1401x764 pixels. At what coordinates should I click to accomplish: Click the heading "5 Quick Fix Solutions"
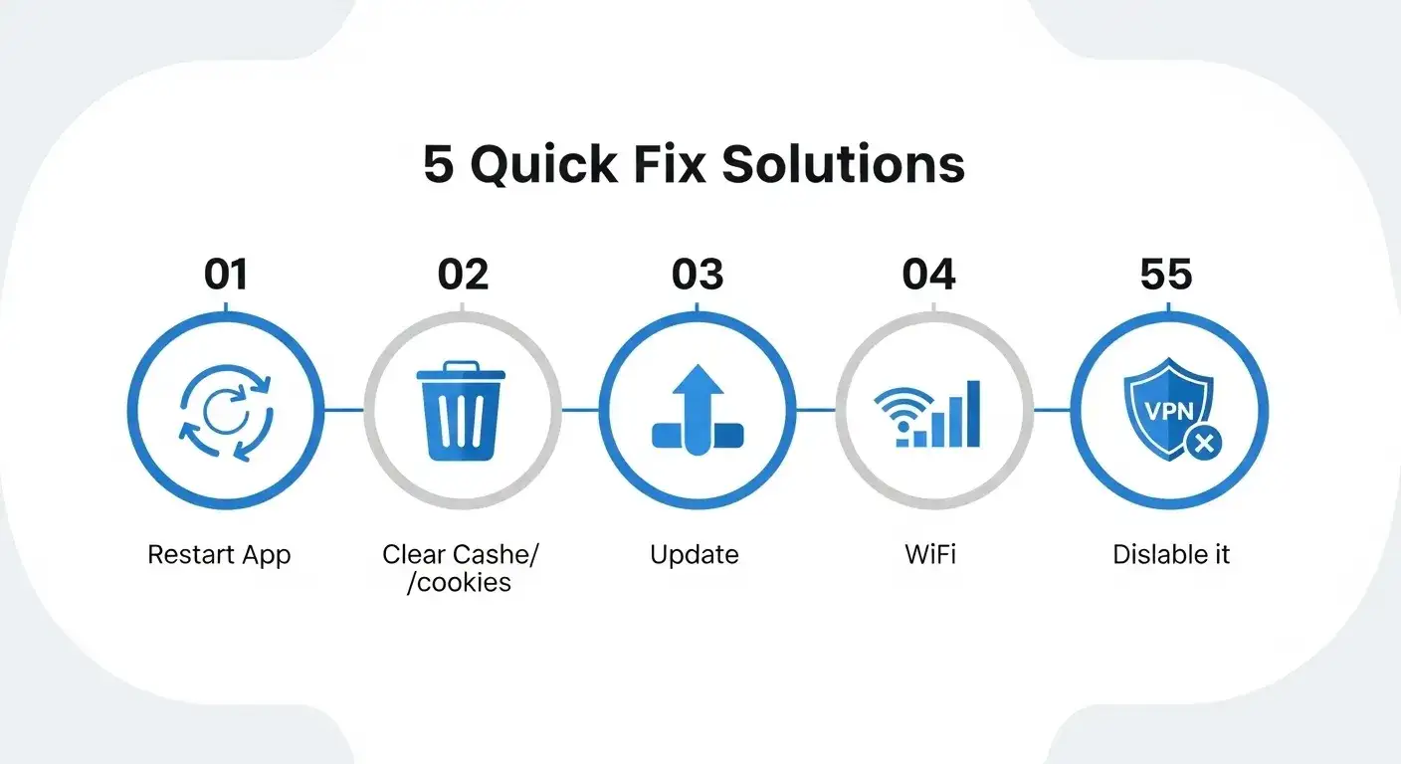pyautogui.click(x=694, y=164)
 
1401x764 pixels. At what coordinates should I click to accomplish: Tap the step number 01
pyautogui.click(x=226, y=274)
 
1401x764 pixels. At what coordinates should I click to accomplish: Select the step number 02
pyautogui.click(x=463, y=274)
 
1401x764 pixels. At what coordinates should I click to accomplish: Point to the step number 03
pyautogui.click(x=698, y=274)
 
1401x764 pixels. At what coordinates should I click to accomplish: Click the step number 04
pyautogui.click(x=928, y=274)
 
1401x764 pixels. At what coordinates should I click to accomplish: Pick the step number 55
pyautogui.click(x=1166, y=274)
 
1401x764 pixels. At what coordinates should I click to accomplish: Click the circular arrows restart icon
pyautogui.click(x=226, y=413)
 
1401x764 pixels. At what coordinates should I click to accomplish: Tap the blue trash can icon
pyautogui.click(x=461, y=411)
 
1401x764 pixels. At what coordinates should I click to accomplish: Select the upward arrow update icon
pyautogui.click(x=698, y=410)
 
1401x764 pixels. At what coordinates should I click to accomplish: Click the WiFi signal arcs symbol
pyautogui.click(x=903, y=410)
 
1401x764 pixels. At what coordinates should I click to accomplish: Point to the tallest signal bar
pyautogui.click(x=973, y=413)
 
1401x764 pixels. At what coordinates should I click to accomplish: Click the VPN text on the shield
pyautogui.click(x=1169, y=412)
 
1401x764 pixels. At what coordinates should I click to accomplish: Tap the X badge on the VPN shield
pyautogui.click(x=1203, y=444)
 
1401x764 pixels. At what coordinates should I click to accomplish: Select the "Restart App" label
pyautogui.click(x=219, y=555)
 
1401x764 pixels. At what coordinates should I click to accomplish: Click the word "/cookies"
pyautogui.click(x=459, y=583)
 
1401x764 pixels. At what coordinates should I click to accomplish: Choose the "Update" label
pyautogui.click(x=695, y=555)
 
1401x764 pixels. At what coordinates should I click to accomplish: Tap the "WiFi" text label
pyautogui.click(x=930, y=554)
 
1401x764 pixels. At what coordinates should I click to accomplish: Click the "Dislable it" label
pyautogui.click(x=1171, y=554)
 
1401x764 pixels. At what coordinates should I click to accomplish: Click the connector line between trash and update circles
pyautogui.click(x=580, y=410)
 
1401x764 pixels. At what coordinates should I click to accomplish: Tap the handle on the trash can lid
pyautogui.click(x=461, y=366)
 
